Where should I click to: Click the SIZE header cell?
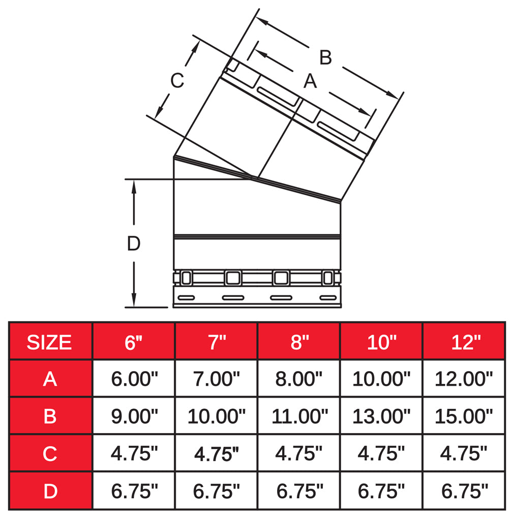point(50,342)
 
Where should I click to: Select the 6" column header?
point(134,342)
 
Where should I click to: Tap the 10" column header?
point(381,342)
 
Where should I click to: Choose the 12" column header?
point(465,342)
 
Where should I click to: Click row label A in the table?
point(50,379)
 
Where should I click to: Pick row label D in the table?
point(50,491)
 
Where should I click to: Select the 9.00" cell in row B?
point(134,416)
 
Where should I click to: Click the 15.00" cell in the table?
point(464,416)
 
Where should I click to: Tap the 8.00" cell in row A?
point(298,379)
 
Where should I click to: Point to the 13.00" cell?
point(381,416)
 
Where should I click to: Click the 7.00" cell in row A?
point(216,379)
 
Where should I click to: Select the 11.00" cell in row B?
point(298,416)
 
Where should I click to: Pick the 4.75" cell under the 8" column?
point(298,453)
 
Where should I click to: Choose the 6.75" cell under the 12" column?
point(464,491)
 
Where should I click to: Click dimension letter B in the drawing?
point(325,57)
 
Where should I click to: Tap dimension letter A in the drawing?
point(310,81)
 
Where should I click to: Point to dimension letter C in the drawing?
point(176,80)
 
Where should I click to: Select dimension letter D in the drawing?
point(133,244)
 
